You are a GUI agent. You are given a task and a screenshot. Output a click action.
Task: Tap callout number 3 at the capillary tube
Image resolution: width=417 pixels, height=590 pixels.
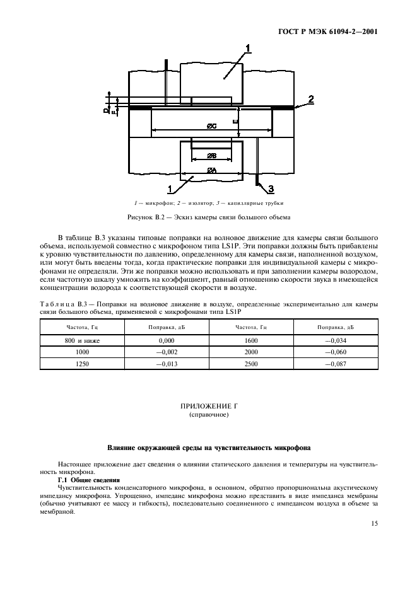[271, 188]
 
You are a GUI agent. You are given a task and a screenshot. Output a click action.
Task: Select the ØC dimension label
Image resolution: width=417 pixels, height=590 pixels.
[212, 127]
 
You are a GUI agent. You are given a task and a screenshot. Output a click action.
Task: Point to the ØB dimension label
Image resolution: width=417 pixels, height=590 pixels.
[212, 155]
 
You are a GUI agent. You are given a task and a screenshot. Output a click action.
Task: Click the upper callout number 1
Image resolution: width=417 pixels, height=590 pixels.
[248, 48]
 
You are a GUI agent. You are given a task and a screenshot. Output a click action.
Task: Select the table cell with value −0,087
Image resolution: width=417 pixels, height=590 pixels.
[335, 364]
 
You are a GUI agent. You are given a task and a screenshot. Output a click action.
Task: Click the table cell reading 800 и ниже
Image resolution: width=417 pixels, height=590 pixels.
[83, 340]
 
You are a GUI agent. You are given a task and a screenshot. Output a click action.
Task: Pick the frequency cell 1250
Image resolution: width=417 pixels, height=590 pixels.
[83, 364]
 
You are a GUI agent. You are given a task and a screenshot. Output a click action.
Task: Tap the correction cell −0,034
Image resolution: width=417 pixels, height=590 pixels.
[335, 340]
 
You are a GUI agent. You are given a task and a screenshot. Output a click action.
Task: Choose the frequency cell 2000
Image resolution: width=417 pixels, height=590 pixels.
[251, 352]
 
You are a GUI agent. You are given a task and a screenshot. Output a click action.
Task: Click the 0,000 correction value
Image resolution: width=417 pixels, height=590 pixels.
[167, 340]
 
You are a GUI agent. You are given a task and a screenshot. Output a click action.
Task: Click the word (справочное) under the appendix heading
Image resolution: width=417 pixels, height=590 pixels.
[208, 417]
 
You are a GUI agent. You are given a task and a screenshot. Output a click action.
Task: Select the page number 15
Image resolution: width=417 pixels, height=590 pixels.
[373, 523]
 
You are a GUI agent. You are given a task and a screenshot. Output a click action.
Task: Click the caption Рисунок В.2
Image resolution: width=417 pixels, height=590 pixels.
[208, 217]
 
